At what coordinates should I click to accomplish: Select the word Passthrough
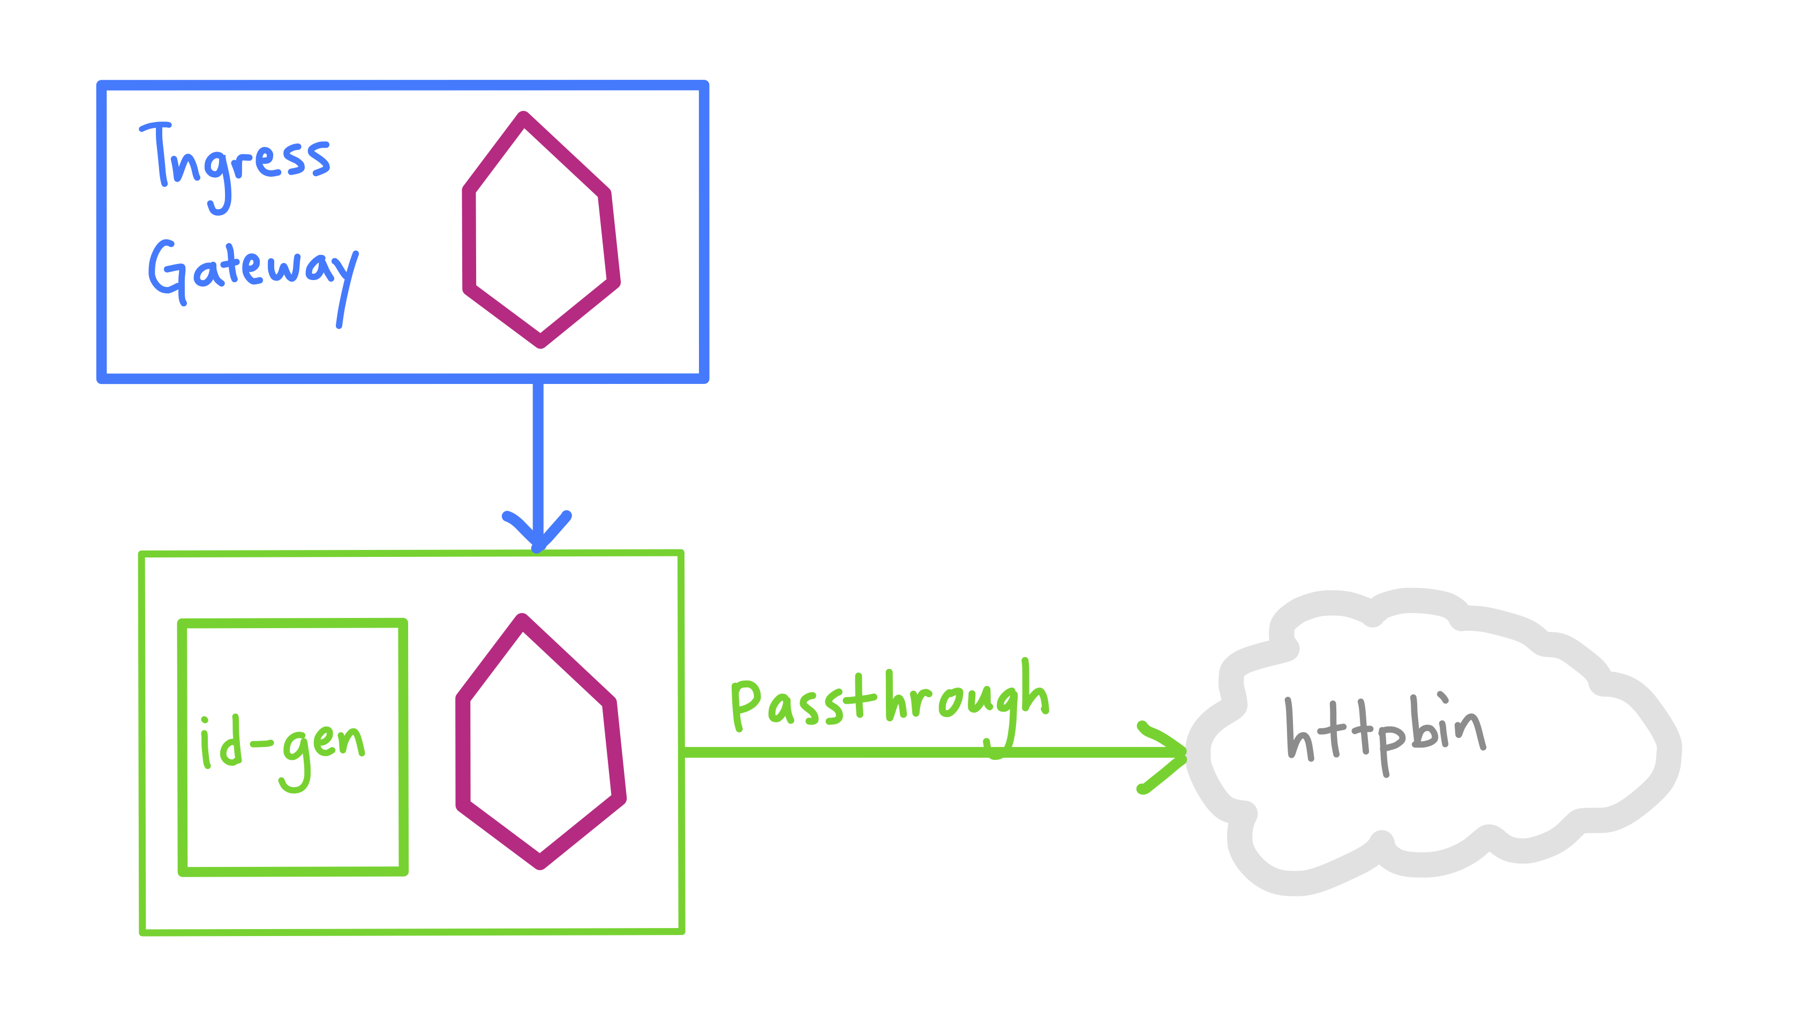(890, 708)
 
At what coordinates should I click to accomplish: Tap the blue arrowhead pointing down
(537, 532)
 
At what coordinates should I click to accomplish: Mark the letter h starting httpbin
(1300, 729)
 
